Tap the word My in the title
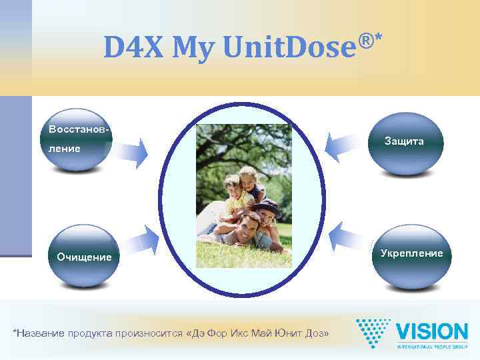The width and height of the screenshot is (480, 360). pos(192,48)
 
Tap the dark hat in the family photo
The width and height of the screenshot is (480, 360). pos(265,205)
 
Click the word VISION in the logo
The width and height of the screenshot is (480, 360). pos(431,331)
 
